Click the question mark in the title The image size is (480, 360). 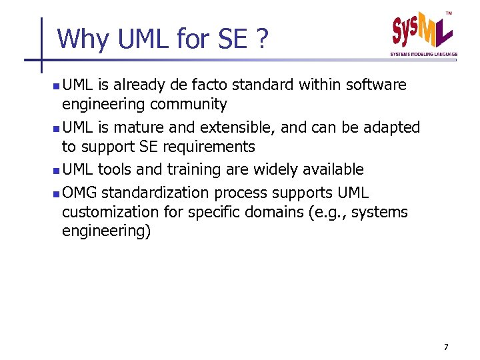click(261, 39)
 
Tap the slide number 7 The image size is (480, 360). click(446, 347)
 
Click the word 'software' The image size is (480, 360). click(376, 85)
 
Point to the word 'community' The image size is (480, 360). click(189, 105)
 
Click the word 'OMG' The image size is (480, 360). click(79, 193)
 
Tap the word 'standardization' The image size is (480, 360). click(156, 193)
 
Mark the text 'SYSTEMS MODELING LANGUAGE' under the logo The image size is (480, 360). click(424, 53)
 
